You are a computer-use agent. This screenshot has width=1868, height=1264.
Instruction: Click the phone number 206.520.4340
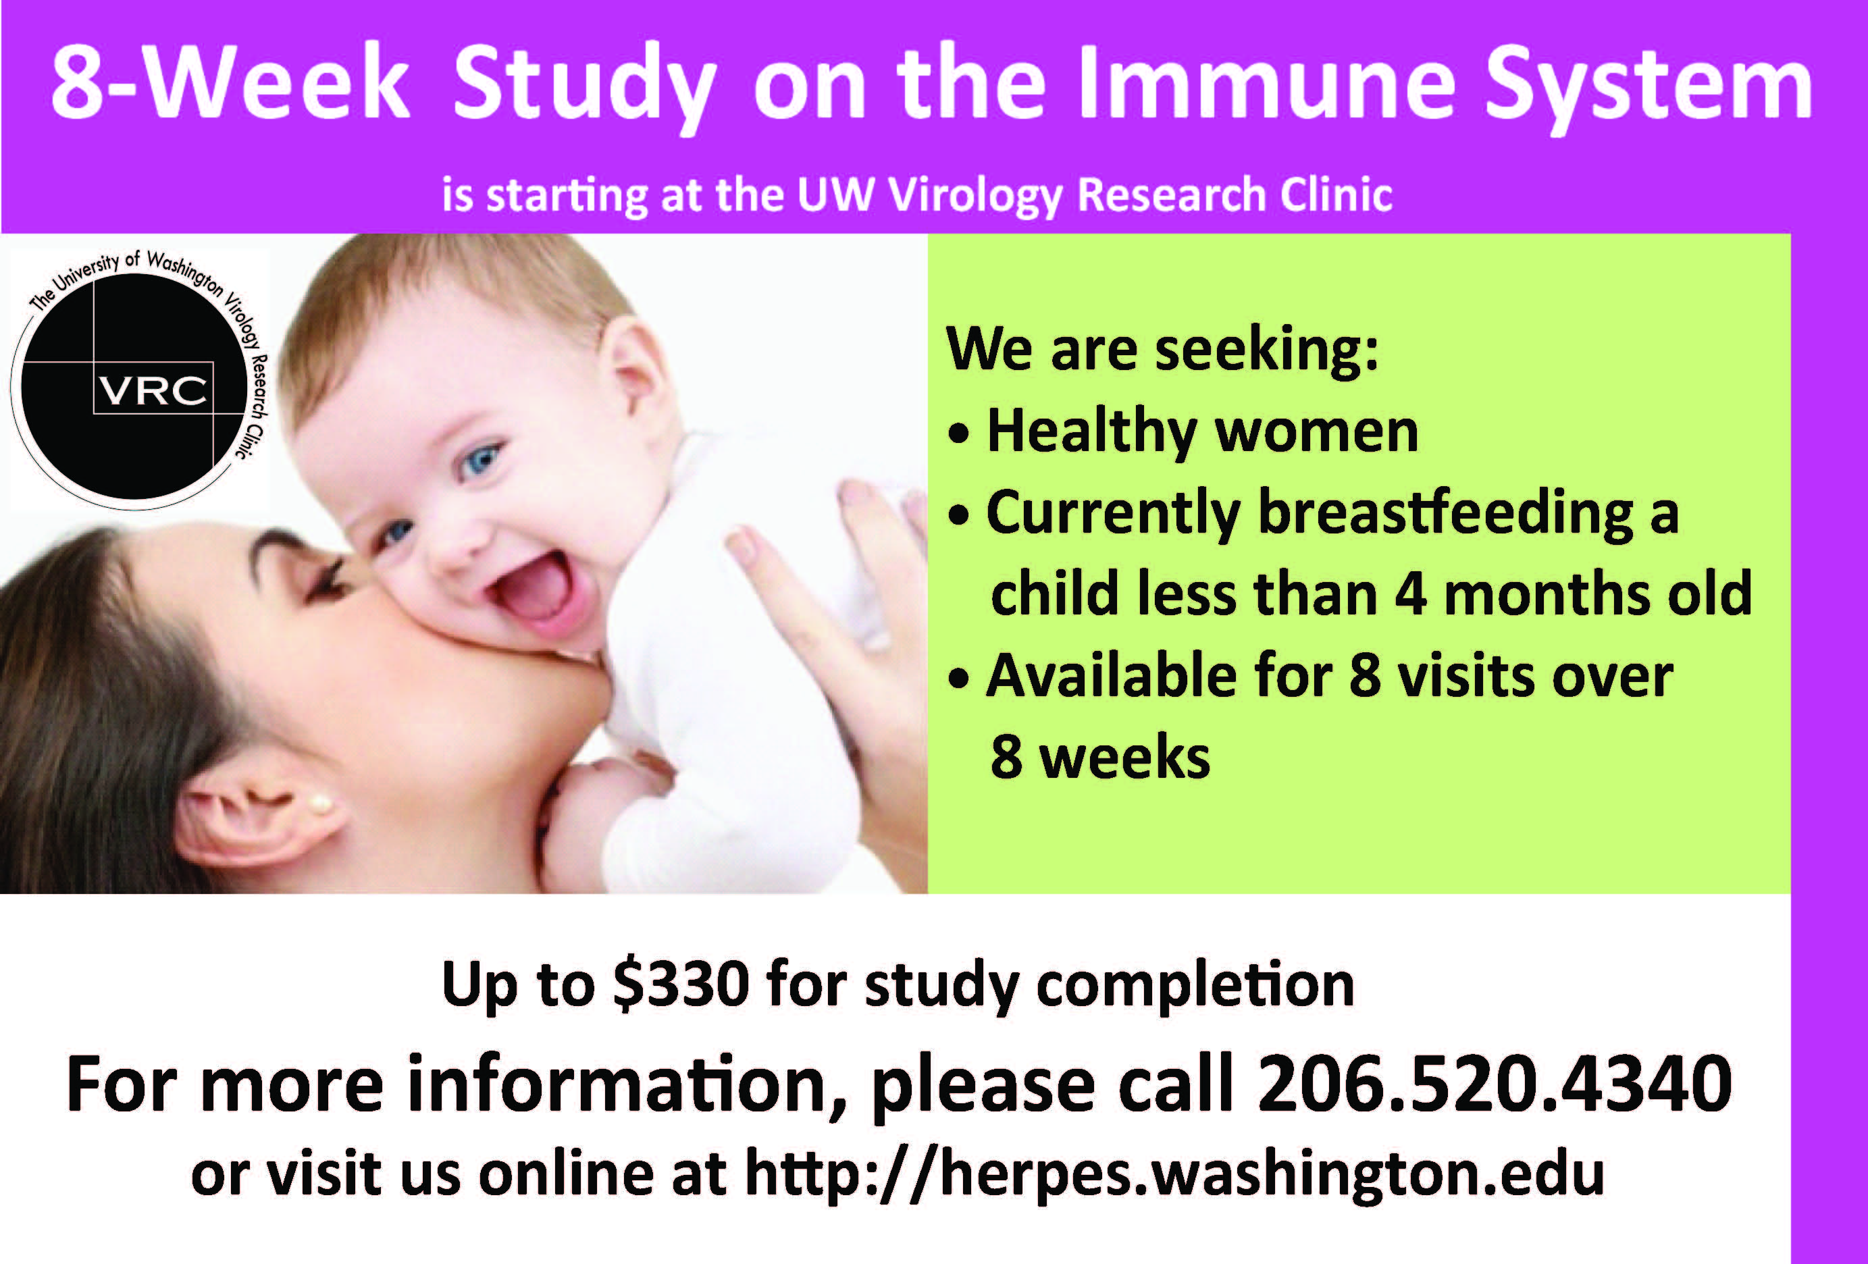click(x=1495, y=1084)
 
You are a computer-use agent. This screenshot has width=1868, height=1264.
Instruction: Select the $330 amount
click(x=681, y=984)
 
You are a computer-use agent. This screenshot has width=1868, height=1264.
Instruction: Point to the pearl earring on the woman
click(x=320, y=802)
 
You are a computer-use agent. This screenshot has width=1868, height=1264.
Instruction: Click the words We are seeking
click(x=1162, y=350)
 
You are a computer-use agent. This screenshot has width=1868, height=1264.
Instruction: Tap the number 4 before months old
click(x=1411, y=593)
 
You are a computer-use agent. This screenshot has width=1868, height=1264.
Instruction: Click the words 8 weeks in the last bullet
click(x=1099, y=756)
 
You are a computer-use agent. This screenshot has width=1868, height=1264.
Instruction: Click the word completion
click(x=1195, y=985)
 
